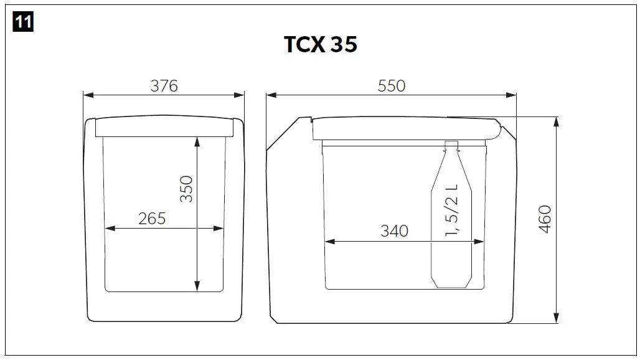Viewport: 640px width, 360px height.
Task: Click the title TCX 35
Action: pyautogui.click(x=321, y=45)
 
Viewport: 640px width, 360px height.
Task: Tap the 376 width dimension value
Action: pyautogui.click(x=164, y=86)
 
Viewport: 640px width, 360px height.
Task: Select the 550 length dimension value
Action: pyautogui.click(x=392, y=86)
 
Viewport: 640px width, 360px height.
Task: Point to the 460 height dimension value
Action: pyautogui.click(x=545, y=219)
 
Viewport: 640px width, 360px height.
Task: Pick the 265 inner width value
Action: pyautogui.click(x=152, y=219)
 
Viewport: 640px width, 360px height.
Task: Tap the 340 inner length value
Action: pyautogui.click(x=394, y=231)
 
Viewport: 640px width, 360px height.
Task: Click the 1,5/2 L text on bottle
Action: pyautogui.click(x=452, y=211)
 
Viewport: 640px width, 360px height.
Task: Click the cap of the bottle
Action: pyautogui.click(x=452, y=146)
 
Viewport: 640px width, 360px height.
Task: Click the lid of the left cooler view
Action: pyautogui.click(x=164, y=126)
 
